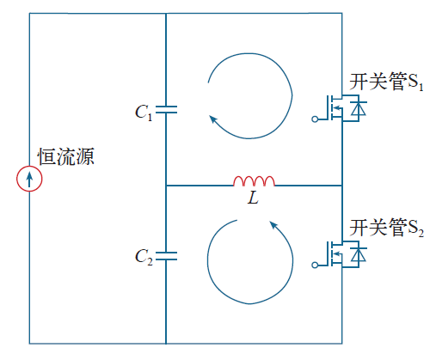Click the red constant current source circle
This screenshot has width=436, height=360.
[17, 179]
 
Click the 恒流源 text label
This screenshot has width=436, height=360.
[66, 156]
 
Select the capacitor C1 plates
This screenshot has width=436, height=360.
[166, 109]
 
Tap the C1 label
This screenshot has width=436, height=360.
[144, 113]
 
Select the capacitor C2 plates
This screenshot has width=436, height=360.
[166, 256]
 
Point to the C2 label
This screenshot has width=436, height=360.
[144, 258]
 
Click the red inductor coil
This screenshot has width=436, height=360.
[254, 181]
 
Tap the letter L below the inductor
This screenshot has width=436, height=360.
[253, 198]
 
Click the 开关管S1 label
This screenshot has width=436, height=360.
[386, 82]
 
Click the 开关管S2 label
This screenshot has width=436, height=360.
[386, 229]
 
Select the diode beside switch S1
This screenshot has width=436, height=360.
[359, 108]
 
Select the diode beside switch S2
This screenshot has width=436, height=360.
[359, 254]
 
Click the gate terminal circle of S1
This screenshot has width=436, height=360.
[315, 119]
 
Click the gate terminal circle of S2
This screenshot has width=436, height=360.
[315, 265]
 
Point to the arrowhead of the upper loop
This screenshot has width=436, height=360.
[212, 119]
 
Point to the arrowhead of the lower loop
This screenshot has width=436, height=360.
[273, 225]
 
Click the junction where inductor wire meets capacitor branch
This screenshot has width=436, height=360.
[166, 186]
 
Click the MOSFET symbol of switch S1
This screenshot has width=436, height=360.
[334, 108]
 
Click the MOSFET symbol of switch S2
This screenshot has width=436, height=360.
[334, 254]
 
